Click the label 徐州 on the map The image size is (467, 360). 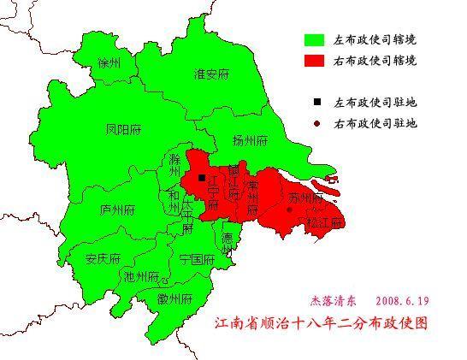point(109,64)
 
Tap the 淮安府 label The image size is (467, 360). point(211,74)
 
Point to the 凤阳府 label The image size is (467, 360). point(120,130)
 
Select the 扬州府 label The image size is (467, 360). point(251,140)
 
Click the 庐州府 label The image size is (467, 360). point(117,210)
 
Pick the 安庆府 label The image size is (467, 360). point(103,259)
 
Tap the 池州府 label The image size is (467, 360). point(141,277)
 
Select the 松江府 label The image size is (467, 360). point(326,222)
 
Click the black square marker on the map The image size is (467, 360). point(201,178)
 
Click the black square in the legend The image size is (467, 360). point(316,103)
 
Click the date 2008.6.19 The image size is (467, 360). point(400,302)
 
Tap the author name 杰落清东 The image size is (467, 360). point(334,302)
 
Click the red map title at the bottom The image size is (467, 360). point(320,325)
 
